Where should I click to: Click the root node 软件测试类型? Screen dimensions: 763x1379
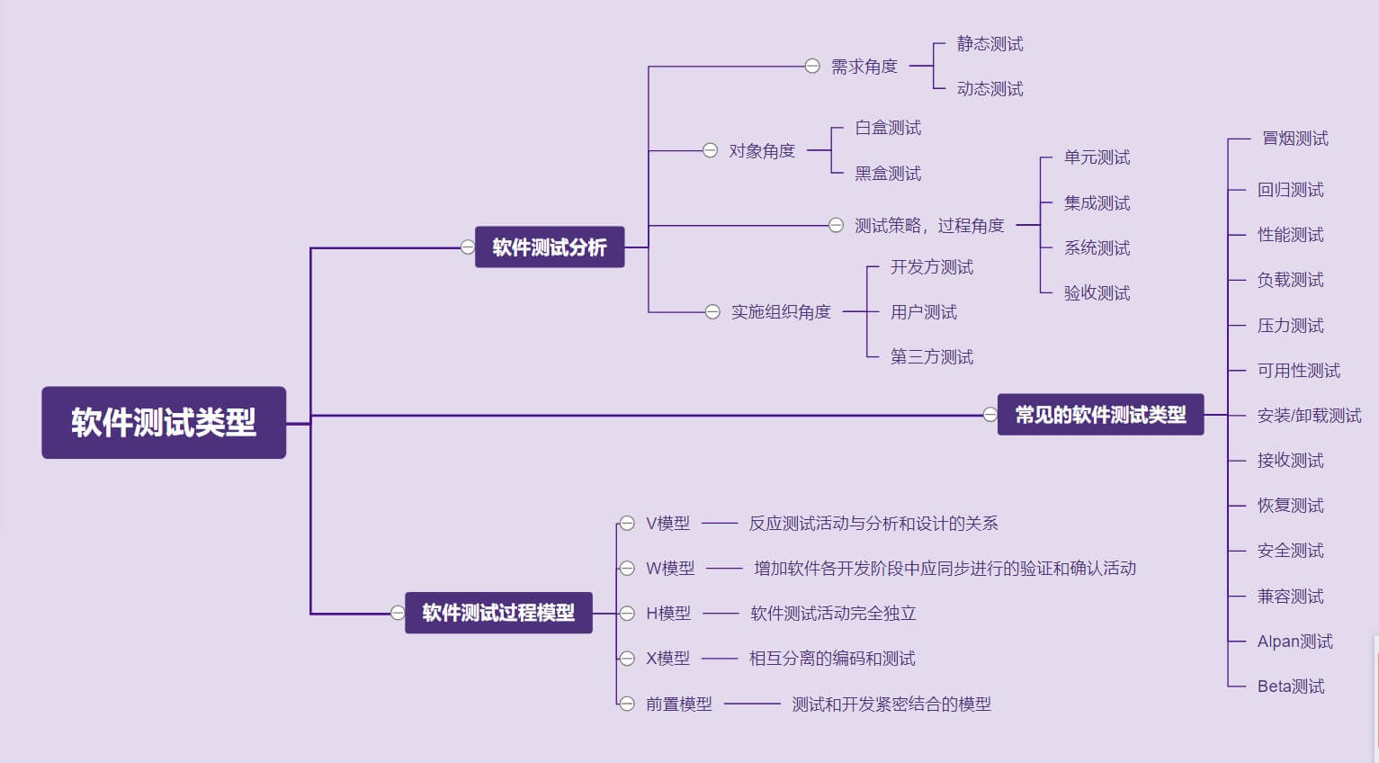(x=164, y=422)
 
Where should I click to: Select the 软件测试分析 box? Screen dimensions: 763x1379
(x=549, y=247)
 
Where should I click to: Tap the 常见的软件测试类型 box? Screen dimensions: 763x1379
(x=1100, y=415)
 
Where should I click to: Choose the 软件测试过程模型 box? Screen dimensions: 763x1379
(x=498, y=613)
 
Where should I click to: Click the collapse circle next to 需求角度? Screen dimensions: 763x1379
(x=812, y=67)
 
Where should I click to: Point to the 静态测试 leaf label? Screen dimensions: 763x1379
(x=989, y=44)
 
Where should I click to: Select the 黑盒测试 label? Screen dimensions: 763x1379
(x=888, y=174)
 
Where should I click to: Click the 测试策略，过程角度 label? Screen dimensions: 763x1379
(x=928, y=226)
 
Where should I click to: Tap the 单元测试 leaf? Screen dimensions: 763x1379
(x=1097, y=157)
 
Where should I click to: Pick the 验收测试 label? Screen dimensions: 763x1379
(x=1097, y=293)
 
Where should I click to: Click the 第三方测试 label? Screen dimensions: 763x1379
(x=932, y=357)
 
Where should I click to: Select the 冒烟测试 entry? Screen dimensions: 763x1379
(x=1294, y=139)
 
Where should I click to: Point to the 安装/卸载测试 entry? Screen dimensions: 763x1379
(x=1309, y=416)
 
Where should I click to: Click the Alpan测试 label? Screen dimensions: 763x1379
(x=1294, y=642)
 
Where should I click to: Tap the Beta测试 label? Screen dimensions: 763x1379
(x=1291, y=687)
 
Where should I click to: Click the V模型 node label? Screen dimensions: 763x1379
(x=667, y=524)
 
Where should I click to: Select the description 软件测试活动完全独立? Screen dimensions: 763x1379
(x=833, y=614)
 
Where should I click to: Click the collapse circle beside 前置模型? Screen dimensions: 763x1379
(x=627, y=704)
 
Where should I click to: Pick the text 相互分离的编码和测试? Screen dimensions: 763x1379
(x=832, y=659)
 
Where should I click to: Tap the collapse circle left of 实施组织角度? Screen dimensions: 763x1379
(x=712, y=312)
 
